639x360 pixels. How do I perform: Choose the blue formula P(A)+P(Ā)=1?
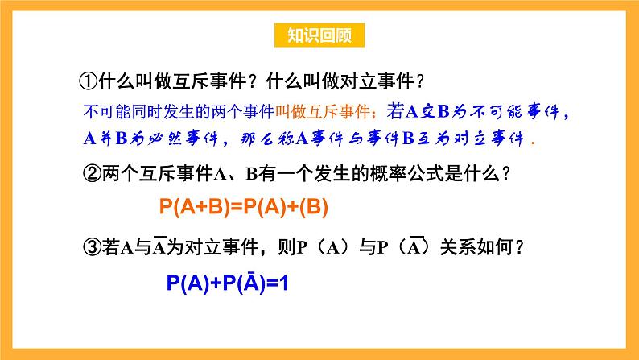click(227, 283)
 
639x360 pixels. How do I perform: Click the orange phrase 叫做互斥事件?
click(320, 110)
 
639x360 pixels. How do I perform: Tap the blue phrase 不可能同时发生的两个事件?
click(179, 110)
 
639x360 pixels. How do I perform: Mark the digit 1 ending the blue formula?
click(282, 283)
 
